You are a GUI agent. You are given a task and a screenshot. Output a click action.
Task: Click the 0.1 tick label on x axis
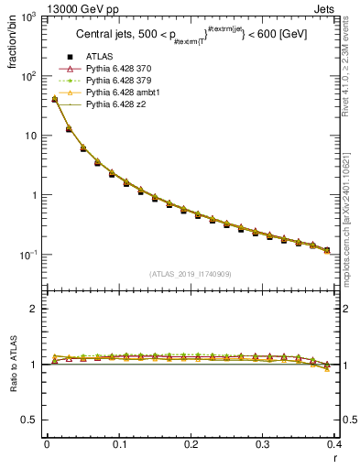pos(118,443)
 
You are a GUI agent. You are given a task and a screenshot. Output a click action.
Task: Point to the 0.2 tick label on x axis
pos(191,443)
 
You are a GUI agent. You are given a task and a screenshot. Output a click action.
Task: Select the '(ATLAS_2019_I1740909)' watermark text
pos(190,273)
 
